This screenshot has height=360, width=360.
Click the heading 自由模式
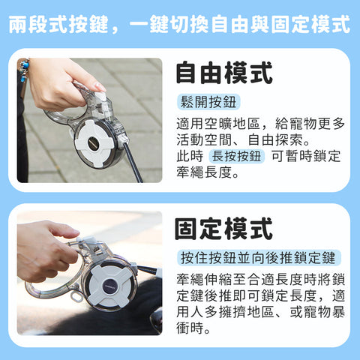[224, 73]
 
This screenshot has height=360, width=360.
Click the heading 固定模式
[223, 229]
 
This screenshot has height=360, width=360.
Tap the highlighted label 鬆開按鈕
[208, 102]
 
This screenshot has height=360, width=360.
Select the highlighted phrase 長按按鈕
[236, 157]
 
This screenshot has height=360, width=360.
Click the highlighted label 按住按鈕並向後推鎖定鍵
[259, 258]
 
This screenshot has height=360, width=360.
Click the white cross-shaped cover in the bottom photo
[110, 286]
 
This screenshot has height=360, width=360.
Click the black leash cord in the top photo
[133, 162]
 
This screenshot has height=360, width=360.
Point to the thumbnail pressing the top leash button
[100, 86]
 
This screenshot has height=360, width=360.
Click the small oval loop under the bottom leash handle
[76, 296]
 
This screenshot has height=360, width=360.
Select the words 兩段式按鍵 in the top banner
[58, 24]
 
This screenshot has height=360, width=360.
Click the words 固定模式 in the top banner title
[310, 24]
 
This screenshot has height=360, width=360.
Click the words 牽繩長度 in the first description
[204, 172]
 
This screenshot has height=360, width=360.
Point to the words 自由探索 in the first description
[275, 140]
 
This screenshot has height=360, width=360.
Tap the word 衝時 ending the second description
[190, 328]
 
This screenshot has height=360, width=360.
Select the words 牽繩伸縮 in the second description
[204, 280]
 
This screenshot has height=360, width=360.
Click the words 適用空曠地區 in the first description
[218, 124]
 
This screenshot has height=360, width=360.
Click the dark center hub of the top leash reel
[94, 143]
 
